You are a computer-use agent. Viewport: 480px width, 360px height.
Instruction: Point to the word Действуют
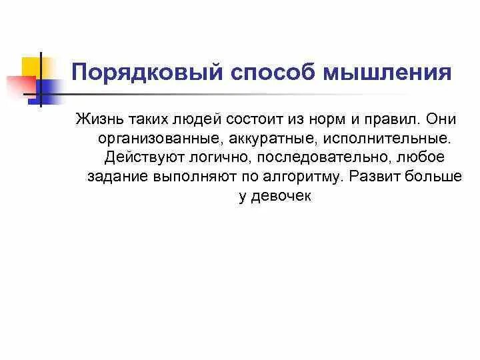click(x=141, y=159)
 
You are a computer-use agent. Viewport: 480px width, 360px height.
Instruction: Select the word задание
click(x=117, y=178)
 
